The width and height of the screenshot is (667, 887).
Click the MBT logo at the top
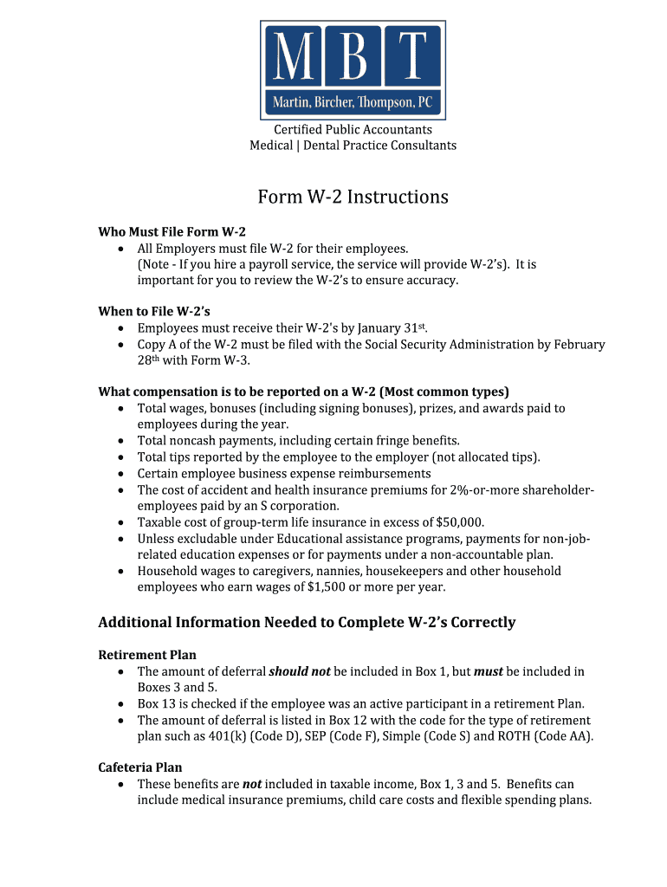pyautogui.click(x=353, y=70)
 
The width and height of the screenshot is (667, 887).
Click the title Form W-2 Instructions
pyautogui.click(x=353, y=197)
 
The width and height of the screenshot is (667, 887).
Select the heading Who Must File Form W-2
pyautogui.click(x=172, y=232)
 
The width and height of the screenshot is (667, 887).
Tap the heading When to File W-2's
pyautogui.click(x=154, y=311)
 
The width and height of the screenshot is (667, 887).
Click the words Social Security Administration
pyautogui.click(x=443, y=345)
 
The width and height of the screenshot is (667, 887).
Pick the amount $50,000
pyautogui.click(x=457, y=522)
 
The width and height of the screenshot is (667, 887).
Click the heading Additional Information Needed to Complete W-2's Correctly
pyautogui.click(x=307, y=623)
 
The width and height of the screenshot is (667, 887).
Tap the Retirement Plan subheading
pyautogui.click(x=147, y=655)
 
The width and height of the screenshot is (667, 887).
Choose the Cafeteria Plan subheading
pyautogui.click(x=140, y=767)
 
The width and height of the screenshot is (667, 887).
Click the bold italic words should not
pyautogui.click(x=300, y=671)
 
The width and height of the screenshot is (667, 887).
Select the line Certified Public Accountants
pyautogui.click(x=353, y=130)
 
